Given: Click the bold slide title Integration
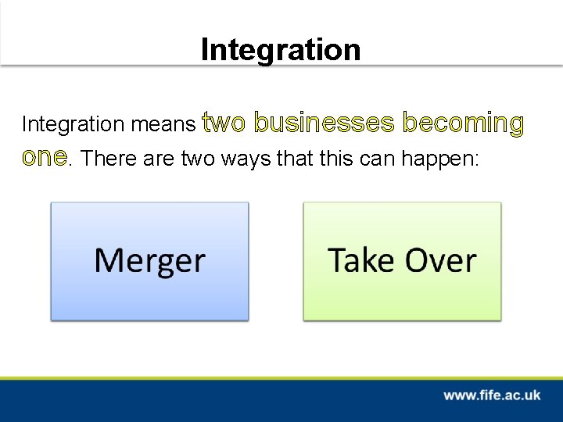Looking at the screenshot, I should (281, 49).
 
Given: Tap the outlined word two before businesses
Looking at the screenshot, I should (224, 123).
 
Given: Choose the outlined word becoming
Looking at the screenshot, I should (463, 123).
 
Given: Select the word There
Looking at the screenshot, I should (107, 158).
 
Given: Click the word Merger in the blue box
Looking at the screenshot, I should (149, 260).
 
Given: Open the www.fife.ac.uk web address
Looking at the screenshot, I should (492, 395).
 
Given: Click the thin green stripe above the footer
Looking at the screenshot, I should (281, 378).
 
